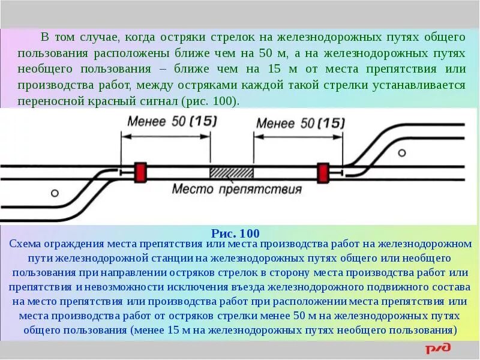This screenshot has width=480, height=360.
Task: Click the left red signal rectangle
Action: [x=141, y=172]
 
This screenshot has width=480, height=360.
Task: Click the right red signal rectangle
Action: [x=323, y=172]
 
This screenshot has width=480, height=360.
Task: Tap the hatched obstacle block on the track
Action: [x=231, y=172]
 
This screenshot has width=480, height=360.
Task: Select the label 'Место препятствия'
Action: [x=236, y=190]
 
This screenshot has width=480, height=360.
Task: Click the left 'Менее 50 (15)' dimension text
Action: [x=172, y=121]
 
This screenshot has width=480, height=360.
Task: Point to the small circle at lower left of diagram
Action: [x=55, y=193]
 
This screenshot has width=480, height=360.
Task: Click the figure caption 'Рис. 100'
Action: [x=236, y=233]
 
